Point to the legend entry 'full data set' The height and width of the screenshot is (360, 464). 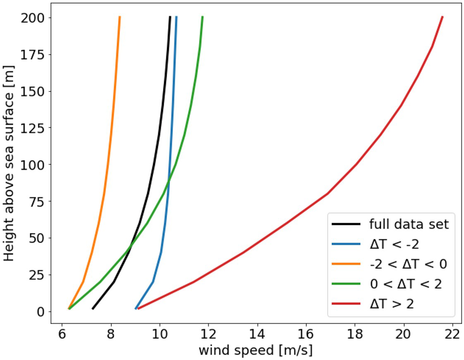[409, 224]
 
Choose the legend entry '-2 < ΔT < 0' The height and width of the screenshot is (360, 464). [408, 264]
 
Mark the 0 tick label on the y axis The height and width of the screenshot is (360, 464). [41, 311]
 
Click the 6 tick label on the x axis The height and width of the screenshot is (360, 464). [62, 333]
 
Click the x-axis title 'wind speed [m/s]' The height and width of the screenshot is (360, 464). [256, 350]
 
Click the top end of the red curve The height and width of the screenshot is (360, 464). [442, 17]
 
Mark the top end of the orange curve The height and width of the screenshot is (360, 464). [120, 17]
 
